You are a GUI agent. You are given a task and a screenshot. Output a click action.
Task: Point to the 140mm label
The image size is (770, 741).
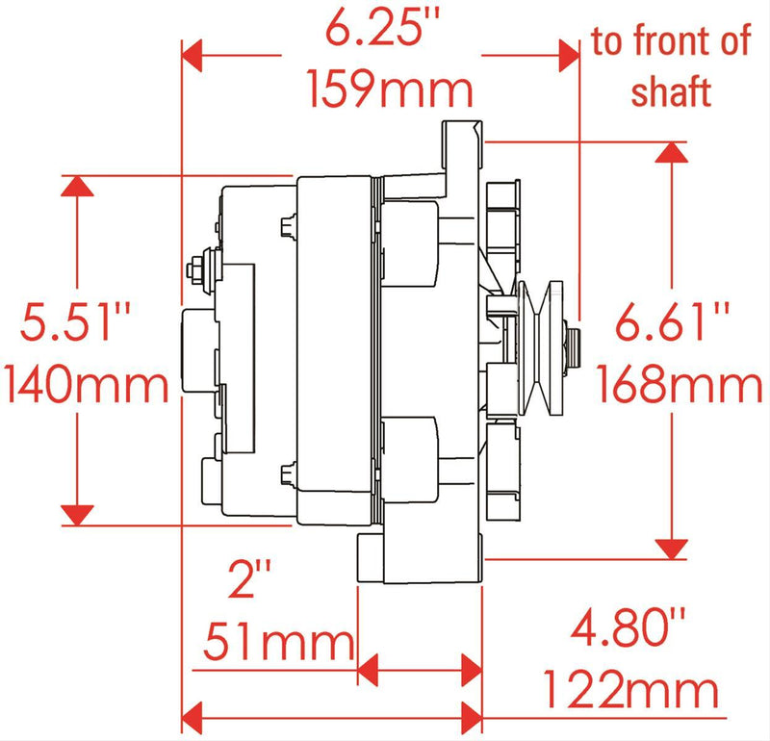[x=87, y=386]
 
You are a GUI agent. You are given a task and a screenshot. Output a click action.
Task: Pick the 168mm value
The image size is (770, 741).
[x=680, y=386]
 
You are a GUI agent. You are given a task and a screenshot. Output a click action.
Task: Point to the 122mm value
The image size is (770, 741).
[x=630, y=690]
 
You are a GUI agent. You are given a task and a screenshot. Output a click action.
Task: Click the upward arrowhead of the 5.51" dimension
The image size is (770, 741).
[x=77, y=188]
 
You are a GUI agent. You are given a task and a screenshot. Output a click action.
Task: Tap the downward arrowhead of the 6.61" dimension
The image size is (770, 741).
[x=671, y=547]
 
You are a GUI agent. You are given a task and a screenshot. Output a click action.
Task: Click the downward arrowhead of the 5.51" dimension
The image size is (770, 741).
[x=77, y=514]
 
